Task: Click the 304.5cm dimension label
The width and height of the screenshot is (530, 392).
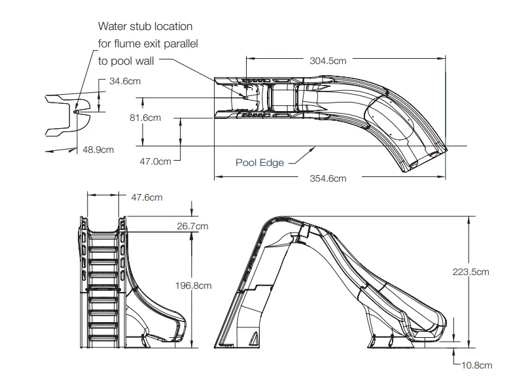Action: coord(327,60)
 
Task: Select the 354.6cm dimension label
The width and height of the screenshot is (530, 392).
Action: coord(327,178)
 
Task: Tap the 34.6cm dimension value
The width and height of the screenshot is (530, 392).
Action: coord(125,81)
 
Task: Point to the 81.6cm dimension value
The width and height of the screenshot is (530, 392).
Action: coord(145,118)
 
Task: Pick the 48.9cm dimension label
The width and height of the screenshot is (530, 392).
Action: coord(98,149)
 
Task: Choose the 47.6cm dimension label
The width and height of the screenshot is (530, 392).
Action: coord(147,197)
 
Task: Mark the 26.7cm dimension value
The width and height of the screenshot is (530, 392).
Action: coord(192,226)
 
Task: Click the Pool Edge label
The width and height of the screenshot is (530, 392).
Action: coord(260,163)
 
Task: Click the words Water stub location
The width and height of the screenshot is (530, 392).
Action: coord(145,27)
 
